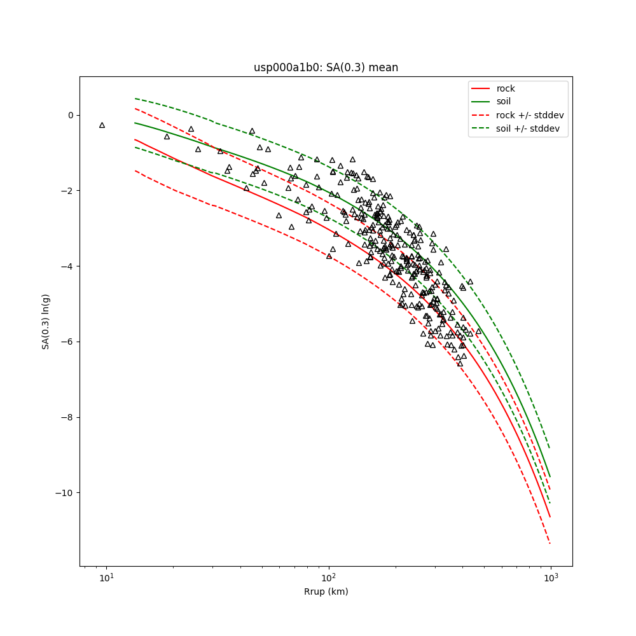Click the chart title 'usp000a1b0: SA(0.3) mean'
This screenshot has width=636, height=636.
[326, 67]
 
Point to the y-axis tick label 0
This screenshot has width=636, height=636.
[71, 115]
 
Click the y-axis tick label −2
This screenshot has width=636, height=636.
[68, 191]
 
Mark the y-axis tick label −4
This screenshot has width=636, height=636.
[68, 266]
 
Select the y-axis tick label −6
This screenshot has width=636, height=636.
[68, 342]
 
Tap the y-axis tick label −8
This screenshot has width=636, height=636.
[68, 417]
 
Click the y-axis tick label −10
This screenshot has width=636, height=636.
[66, 493]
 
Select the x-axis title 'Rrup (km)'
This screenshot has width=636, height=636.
[326, 592]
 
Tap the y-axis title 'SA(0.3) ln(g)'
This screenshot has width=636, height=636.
[46, 321]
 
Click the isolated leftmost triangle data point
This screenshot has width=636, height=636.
[102, 125]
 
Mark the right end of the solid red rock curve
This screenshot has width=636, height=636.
[550, 517]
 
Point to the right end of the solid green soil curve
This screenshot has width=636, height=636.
[550, 476]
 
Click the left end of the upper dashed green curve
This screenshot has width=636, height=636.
[135, 99]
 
